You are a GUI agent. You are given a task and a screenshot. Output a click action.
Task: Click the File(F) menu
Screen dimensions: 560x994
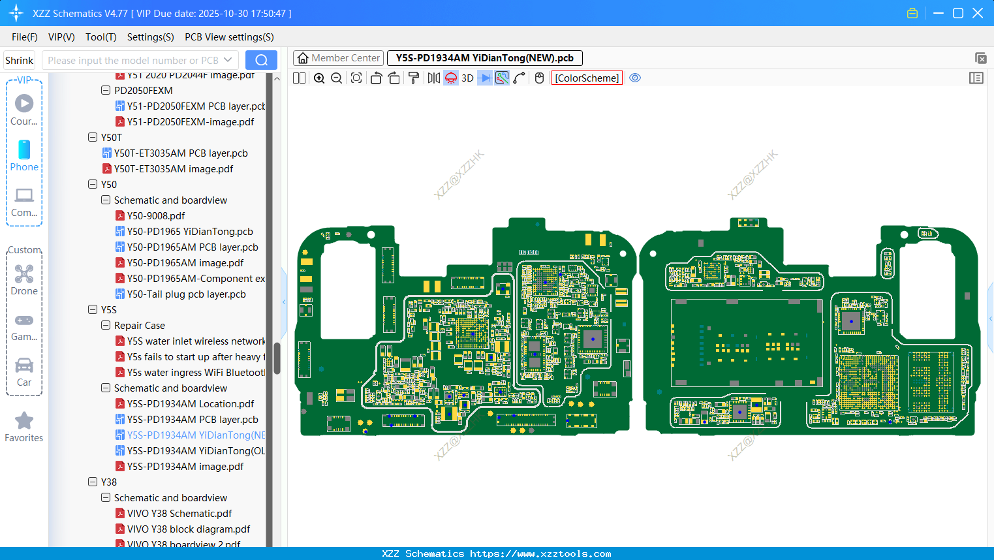[24, 37]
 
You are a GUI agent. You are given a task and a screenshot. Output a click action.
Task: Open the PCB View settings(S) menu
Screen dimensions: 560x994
[229, 37]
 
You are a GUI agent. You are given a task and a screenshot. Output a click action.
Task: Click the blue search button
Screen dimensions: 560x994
[261, 60]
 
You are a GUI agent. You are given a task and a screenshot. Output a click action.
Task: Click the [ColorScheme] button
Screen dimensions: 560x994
[587, 78]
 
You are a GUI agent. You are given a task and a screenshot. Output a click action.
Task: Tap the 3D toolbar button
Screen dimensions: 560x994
[467, 78]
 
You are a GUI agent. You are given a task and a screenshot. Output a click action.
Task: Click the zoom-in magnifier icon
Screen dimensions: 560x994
[319, 78]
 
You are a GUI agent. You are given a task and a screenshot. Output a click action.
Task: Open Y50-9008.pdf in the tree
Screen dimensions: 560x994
[155, 216]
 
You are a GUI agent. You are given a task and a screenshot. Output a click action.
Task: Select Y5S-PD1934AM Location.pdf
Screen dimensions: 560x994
[190, 404]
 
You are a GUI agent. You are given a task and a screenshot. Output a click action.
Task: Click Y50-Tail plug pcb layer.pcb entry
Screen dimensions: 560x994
[186, 294]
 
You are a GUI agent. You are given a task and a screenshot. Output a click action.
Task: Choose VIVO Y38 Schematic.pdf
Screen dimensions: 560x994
[179, 514]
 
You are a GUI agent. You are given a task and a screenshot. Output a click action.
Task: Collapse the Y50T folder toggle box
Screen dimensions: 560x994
[93, 138]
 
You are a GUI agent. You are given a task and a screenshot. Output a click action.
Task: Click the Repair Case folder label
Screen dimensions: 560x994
[139, 326]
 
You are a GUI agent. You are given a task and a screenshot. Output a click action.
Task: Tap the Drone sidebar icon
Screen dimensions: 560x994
[24, 275]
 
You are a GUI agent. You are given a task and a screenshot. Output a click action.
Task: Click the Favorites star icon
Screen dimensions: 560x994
[24, 421]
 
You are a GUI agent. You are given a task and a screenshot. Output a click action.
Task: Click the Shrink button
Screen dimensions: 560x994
[19, 61]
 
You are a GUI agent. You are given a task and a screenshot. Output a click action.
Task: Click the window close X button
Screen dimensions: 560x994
[978, 13]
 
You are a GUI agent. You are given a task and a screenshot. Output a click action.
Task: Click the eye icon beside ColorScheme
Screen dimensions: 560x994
[635, 78]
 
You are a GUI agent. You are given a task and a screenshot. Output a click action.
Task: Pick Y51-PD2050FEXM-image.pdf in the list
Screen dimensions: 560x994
[190, 122]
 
